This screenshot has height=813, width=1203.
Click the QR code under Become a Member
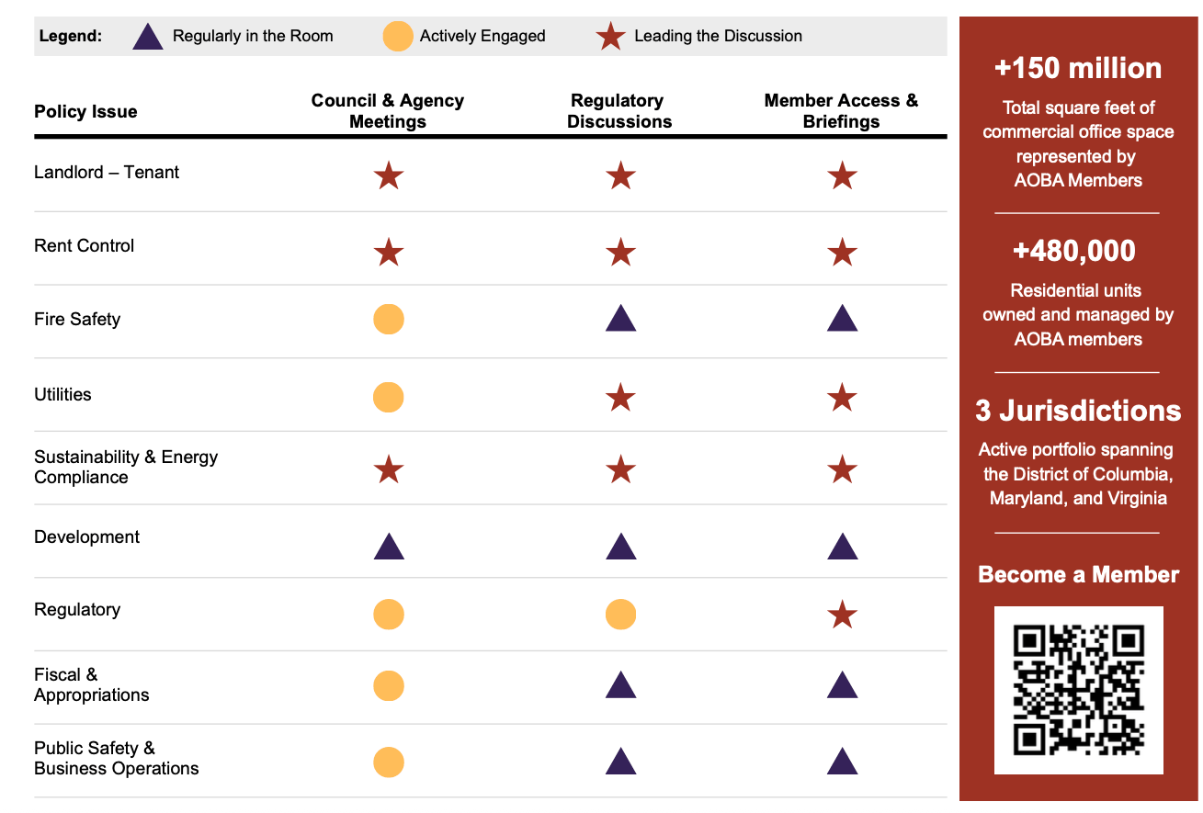(x=1078, y=689)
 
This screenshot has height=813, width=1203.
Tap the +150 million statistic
(x=1078, y=69)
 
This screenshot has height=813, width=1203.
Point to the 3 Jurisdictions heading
(x=1078, y=411)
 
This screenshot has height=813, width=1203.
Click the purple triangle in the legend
(x=148, y=37)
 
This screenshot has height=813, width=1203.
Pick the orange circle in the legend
(x=398, y=37)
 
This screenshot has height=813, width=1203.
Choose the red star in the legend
(x=611, y=37)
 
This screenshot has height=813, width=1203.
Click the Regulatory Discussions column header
(x=619, y=111)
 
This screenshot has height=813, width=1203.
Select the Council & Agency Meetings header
(x=388, y=111)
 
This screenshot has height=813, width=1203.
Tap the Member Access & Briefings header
(x=841, y=111)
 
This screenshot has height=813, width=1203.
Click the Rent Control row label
(x=85, y=246)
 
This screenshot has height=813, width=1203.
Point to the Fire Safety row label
(x=77, y=320)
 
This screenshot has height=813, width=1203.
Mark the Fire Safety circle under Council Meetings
(x=389, y=320)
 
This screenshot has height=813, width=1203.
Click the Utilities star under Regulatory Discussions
(x=621, y=398)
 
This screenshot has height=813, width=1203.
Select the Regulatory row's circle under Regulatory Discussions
(x=621, y=614)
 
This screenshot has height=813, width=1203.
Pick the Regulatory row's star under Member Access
(x=843, y=614)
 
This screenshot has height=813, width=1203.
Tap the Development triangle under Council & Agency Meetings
(x=389, y=548)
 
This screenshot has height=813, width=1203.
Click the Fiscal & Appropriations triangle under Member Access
(x=843, y=685)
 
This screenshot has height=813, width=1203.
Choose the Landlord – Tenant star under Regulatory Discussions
(x=621, y=175)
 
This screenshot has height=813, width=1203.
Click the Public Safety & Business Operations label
(x=117, y=759)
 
